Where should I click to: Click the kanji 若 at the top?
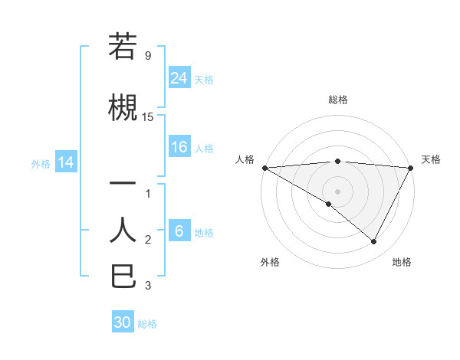coord(123,47)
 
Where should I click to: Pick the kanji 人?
coord(123,230)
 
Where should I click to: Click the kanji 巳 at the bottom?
coord(123,276)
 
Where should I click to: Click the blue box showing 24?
coord(179,77)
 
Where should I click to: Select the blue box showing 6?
coord(179,232)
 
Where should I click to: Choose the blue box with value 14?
coord(66,162)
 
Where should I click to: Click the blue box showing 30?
coord(123,322)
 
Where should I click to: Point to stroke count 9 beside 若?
coord(148,56)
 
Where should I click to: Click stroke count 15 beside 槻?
coord(148,117)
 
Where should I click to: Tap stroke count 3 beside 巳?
coord(148,286)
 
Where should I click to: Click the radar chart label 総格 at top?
coord(337,100)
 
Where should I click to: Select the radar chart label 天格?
coord(431,159)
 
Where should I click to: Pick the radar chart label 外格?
coord(270,262)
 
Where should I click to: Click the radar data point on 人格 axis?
coord(264,167)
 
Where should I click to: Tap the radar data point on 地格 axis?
coord(374,241)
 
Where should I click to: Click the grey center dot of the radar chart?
coord(337,191)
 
